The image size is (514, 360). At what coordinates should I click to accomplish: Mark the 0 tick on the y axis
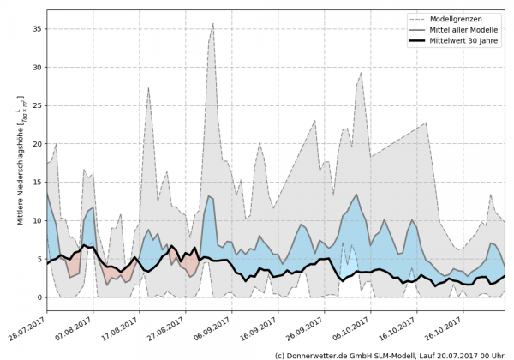coord(39,297)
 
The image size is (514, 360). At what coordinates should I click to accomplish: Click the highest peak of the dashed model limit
coord(213,24)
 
